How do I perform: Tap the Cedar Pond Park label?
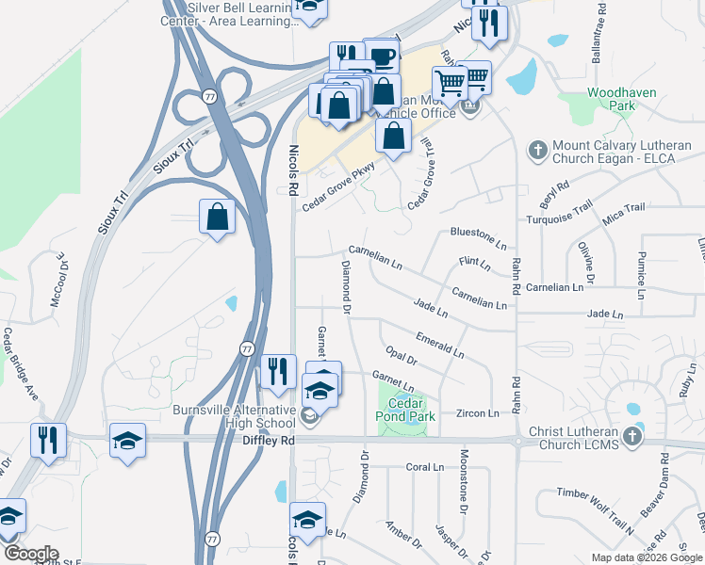tap(406, 410)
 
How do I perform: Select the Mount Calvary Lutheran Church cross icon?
tap(537, 151)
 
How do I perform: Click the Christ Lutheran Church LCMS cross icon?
tap(636, 437)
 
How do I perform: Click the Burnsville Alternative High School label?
tap(235, 416)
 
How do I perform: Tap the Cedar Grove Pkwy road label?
tap(337, 186)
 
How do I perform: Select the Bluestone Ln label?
tap(479, 232)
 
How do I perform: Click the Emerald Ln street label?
tap(439, 345)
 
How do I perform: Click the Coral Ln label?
tap(424, 467)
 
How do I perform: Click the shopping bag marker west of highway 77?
tap(218, 218)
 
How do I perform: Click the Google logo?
tap(31, 554)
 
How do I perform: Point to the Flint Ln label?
tap(474, 263)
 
